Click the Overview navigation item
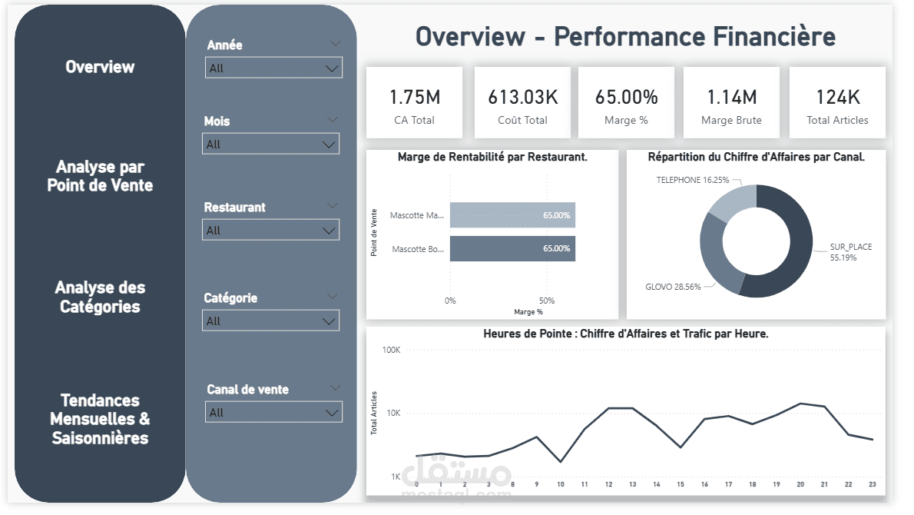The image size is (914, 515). [x=100, y=67]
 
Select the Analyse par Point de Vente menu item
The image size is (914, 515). [x=100, y=176]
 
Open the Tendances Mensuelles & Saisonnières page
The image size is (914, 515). [x=100, y=419]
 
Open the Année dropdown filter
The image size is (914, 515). [x=273, y=68]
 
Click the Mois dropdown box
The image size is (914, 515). [x=270, y=145]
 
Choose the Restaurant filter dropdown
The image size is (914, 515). [x=270, y=231]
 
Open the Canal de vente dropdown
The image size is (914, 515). [x=273, y=413]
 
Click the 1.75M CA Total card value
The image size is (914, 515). [x=415, y=97]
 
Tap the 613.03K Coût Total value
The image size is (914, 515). [x=522, y=97]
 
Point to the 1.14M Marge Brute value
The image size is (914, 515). [x=731, y=97]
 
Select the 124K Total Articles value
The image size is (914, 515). [x=837, y=97]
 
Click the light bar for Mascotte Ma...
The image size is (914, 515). [x=512, y=215]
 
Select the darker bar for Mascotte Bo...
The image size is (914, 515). [x=512, y=249]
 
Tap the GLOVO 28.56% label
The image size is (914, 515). [x=673, y=287]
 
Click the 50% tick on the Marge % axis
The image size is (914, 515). [x=546, y=301]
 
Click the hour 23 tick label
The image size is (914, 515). [x=871, y=485]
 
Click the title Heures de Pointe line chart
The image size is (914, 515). [x=626, y=334]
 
